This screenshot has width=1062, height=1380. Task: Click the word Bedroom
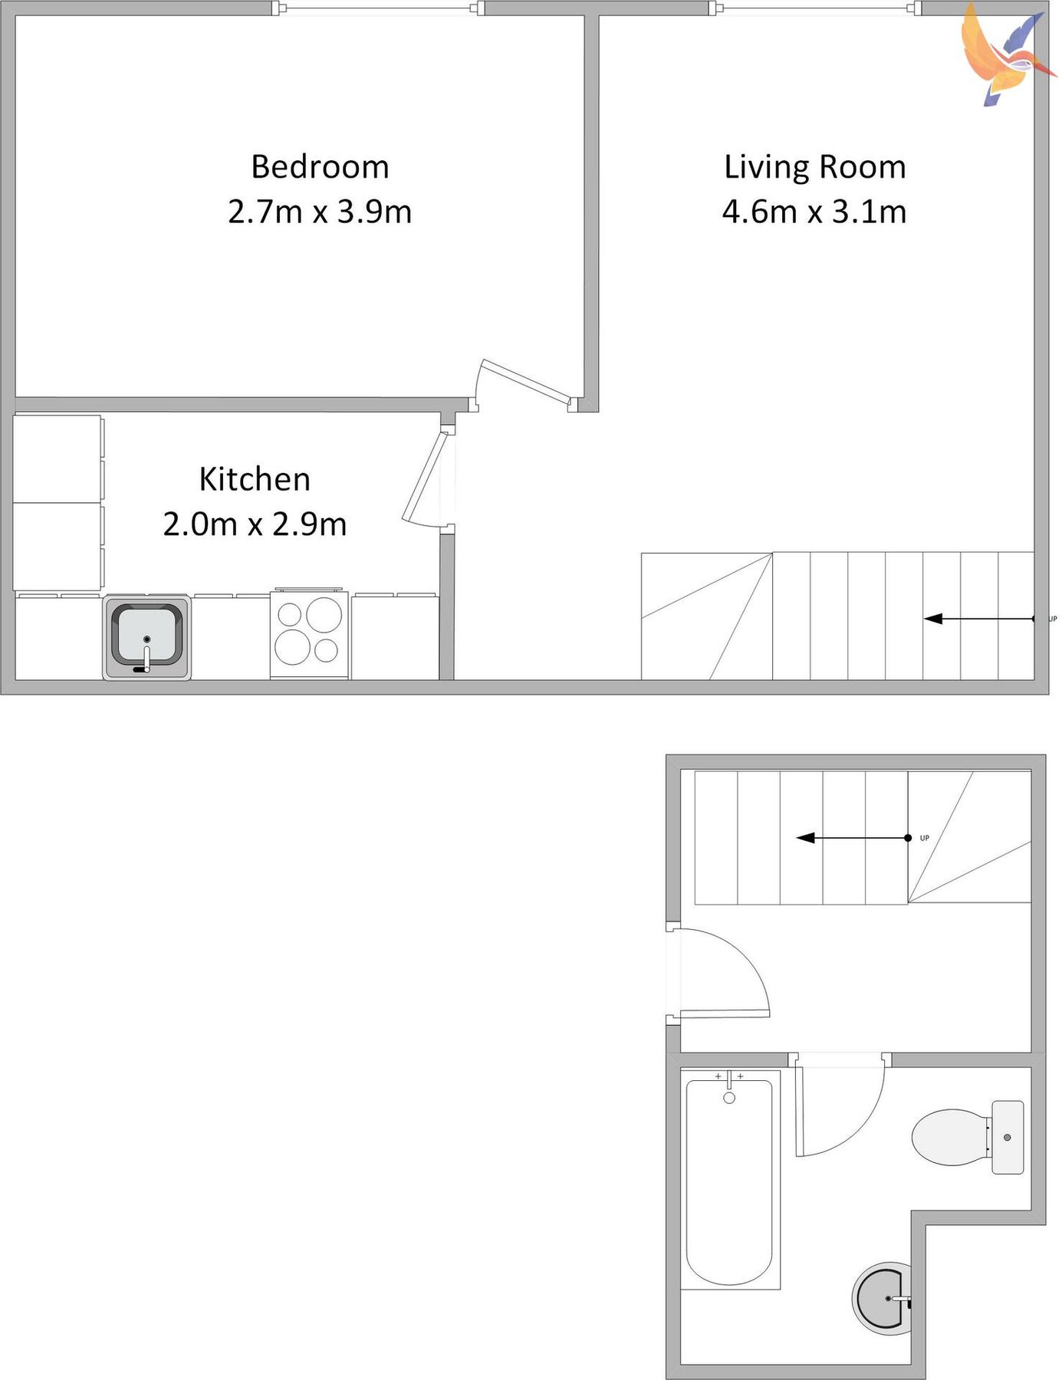[320, 167]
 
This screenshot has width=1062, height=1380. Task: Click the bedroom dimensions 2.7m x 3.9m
[320, 212]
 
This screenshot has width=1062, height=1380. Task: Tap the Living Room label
[814, 167]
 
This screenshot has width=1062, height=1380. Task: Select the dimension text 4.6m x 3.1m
[814, 212]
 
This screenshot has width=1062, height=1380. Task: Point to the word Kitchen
[255, 479]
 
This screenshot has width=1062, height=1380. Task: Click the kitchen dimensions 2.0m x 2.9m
[255, 524]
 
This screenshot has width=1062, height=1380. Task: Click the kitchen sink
[146, 637]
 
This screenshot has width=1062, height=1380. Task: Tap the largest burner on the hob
[324, 614]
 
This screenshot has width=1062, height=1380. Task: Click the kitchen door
[424, 478]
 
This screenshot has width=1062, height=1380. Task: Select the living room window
[815, 8]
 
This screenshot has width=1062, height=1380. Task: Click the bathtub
[729, 1181]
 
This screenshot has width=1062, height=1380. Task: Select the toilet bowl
[949, 1137]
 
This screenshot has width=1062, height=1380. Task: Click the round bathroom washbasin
[883, 1298]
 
